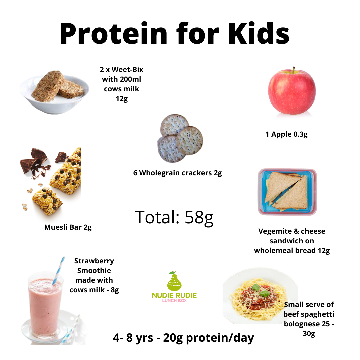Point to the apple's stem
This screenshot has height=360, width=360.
click(x=294, y=70)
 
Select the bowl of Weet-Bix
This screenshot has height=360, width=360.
click(x=55, y=93)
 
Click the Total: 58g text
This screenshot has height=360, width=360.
click(x=174, y=217)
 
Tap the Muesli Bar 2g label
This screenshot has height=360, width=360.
click(x=68, y=227)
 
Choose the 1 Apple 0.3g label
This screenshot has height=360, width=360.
click(x=286, y=134)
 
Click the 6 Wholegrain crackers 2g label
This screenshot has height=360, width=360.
click(x=177, y=173)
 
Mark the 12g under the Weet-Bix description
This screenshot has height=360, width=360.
click(x=121, y=99)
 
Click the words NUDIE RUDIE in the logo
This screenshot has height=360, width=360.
click(x=174, y=295)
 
